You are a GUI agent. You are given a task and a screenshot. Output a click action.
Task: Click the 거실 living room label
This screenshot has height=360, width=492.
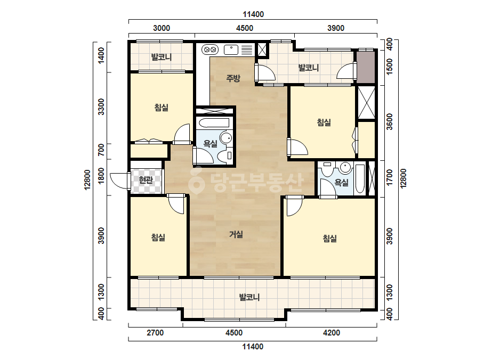coord(236,234)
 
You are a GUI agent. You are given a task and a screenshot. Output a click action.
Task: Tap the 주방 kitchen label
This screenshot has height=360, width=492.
coord(233,78)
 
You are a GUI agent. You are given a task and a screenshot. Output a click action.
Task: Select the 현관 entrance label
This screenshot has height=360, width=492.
coord(146,179)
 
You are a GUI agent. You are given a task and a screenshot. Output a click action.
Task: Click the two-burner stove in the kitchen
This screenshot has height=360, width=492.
coord(210,50)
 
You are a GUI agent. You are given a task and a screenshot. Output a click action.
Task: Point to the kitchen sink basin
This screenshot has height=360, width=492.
coord(231,50)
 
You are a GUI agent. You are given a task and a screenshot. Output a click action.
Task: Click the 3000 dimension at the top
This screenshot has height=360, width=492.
coord(162,28)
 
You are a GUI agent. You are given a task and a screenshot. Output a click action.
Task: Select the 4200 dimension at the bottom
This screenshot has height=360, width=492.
coord(332,333)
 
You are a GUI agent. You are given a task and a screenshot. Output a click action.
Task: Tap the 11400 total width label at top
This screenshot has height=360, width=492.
coord(253,14)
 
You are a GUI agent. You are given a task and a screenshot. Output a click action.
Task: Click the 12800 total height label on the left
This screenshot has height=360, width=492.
coord(87,179)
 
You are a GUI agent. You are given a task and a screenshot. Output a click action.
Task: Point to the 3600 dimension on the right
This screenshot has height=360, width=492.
coord(390,122)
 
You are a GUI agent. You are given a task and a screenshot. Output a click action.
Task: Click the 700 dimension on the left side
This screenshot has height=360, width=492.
coord(101,150)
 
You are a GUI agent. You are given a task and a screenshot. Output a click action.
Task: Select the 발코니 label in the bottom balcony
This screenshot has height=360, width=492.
coord(249,297)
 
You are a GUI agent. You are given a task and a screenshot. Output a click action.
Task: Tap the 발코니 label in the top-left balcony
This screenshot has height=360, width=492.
coord(162,57)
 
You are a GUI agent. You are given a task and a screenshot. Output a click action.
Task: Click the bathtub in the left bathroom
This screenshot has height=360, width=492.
coord(215,123)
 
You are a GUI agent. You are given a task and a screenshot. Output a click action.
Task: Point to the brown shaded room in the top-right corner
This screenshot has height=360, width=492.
coord(366,68)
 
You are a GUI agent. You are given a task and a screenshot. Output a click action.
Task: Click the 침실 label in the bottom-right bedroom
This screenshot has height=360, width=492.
coord(330,239)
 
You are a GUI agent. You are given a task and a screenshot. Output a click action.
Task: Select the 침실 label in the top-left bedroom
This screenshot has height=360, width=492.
coord(162,108)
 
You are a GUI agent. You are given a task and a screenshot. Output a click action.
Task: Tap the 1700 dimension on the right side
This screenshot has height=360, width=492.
coord(390,177)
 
